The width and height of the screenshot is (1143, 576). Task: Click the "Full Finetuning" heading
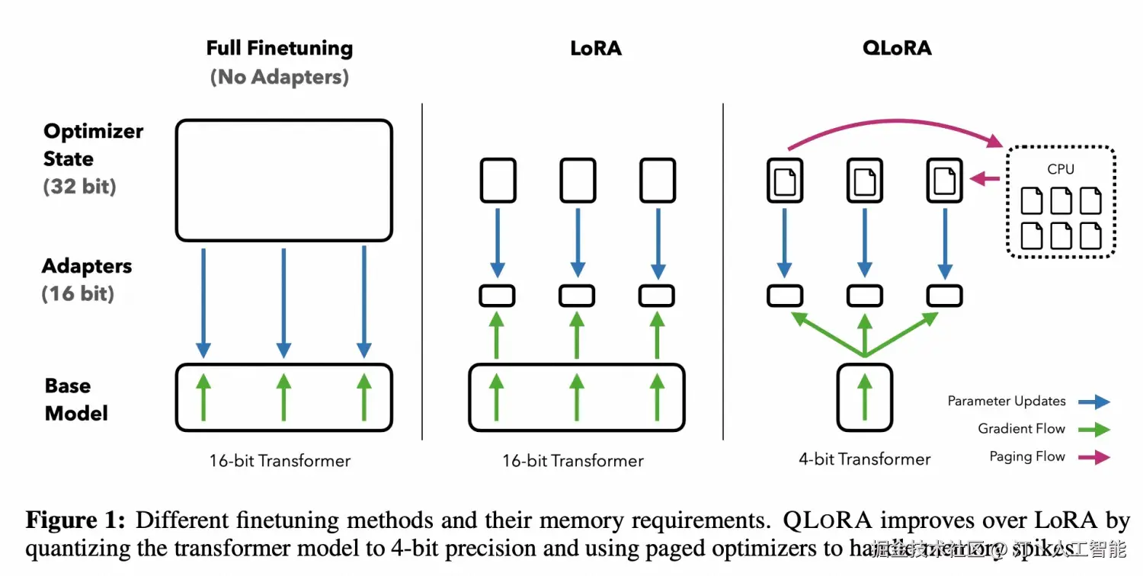[x=280, y=49]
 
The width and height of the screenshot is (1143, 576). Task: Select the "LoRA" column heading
[x=596, y=49]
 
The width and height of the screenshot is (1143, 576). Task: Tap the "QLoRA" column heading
[x=897, y=48]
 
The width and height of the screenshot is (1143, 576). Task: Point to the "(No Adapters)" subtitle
[x=280, y=77]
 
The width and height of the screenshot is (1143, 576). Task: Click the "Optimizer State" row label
[x=93, y=145]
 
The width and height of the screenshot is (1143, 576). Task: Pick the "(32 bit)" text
[x=79, y=187]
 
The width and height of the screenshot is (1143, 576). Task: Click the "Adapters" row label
[x=87, y=266]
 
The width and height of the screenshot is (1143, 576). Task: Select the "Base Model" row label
[x=76, y=399]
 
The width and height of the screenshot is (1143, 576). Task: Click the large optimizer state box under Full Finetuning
[x=283, y=180]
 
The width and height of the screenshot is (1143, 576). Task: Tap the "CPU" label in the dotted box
[x=1061, y=169]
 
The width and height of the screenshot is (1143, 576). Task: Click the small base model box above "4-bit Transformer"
[x=864, y=397]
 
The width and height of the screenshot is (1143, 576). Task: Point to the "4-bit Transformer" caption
[x=864, y=459]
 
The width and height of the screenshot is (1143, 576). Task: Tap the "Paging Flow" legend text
[x=1026, y=456]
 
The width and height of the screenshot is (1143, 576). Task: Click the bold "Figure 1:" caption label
[x=75, y=520]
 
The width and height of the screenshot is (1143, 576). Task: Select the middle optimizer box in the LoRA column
[x=578, y=181]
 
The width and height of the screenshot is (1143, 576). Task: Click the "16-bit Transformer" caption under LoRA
[x=573, y=461]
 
